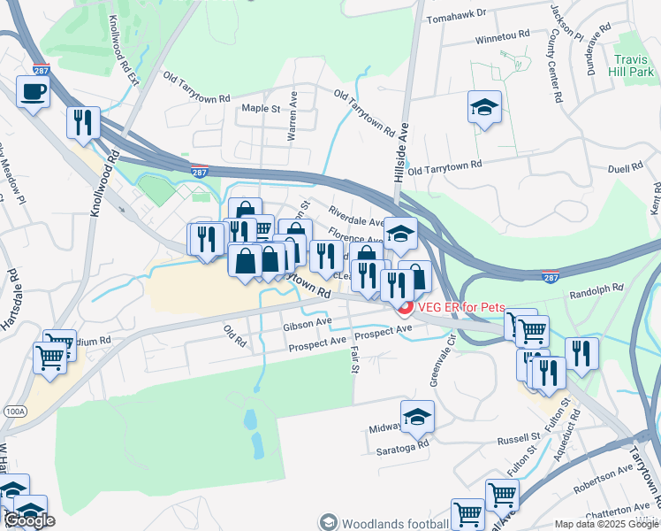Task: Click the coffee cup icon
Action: pyautogui.click(x=33, y=91)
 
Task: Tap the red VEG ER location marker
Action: pyautogui.click(x=406, y=307)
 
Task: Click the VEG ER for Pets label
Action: pyautogui.click(x=461, y=307)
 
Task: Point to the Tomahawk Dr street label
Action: pyautogui.click(x=456, y=15)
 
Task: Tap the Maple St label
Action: pyautogui.click(x=261, y=109)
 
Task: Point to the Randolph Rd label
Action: pyautogui.click(x=596, y=289)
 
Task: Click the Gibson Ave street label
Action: pyautogui.click(x=307, y=325)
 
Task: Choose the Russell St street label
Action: pyautogui.click(x=518, y=437)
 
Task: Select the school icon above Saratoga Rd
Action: pyautogui.click(x=417, y=417)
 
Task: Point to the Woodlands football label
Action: pyautogui.click(x=390, y=523)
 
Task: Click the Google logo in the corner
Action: pyautogui.click(x=29, y=520)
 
